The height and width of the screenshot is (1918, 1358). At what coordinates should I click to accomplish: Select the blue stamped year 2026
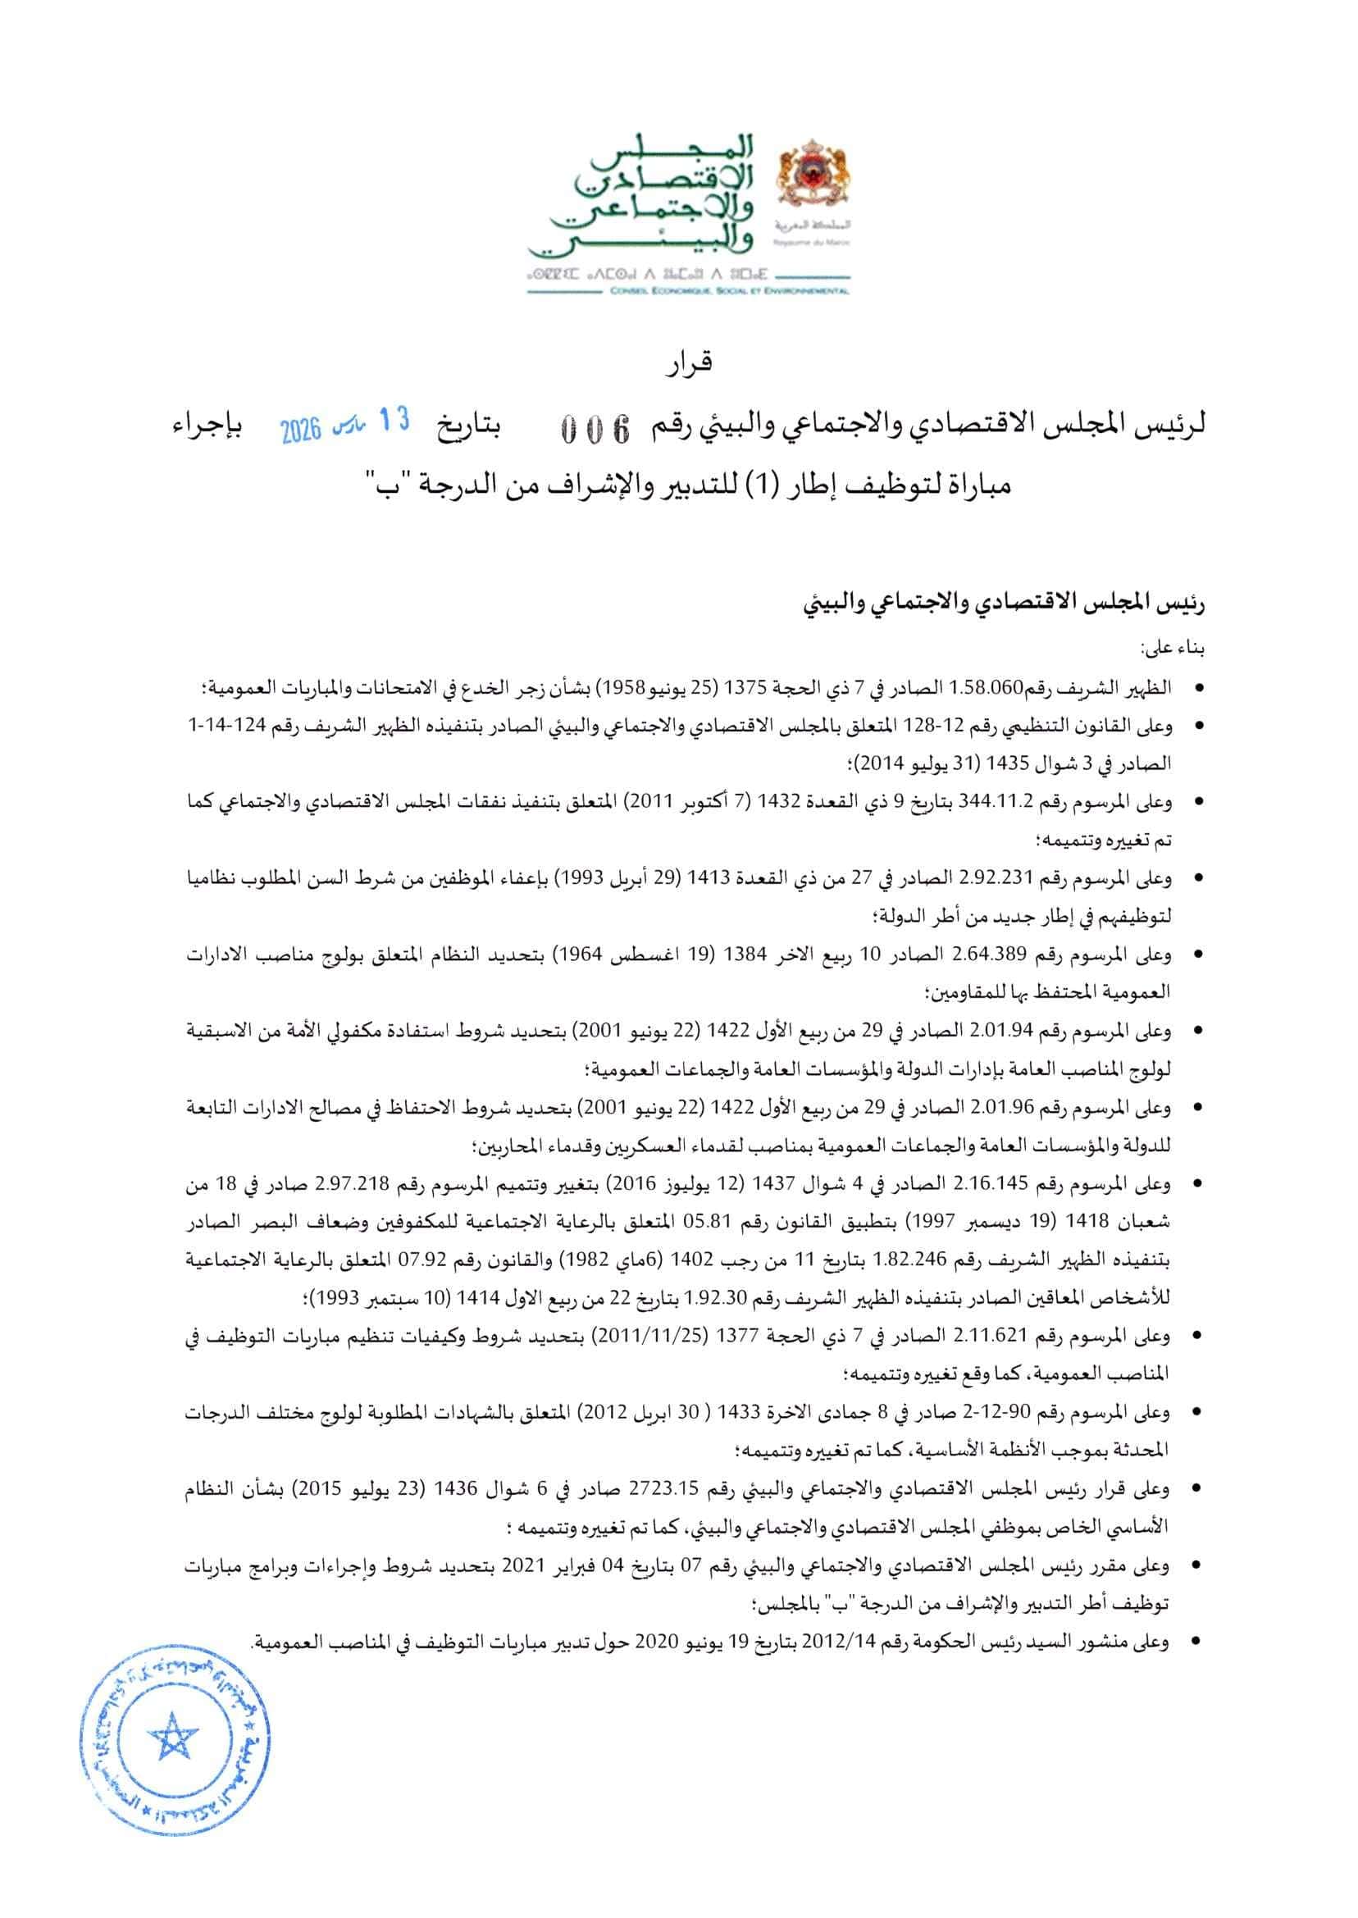tap(301, 431)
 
